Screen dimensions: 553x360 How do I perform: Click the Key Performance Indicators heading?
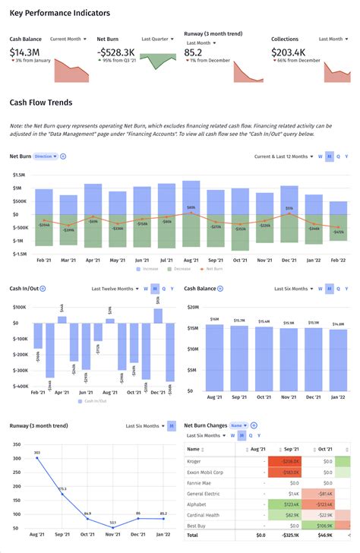[x=59, y=13]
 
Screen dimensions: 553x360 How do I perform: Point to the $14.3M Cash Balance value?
[x=25, y=52]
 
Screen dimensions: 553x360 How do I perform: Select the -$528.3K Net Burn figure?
[x=116, y=52]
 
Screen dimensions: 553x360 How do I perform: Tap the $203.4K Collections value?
[x=294, y=52]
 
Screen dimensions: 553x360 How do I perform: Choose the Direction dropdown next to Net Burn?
[x=44, y=156]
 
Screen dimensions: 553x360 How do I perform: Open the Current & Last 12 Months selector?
[x=283, y=156]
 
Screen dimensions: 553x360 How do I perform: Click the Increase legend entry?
[x=150, y=269]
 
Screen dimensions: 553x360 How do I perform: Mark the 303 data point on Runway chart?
[x=36, y=458]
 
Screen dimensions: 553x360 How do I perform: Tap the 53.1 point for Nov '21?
[x=112, y=526]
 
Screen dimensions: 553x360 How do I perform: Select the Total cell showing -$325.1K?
[x=288, y=535]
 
